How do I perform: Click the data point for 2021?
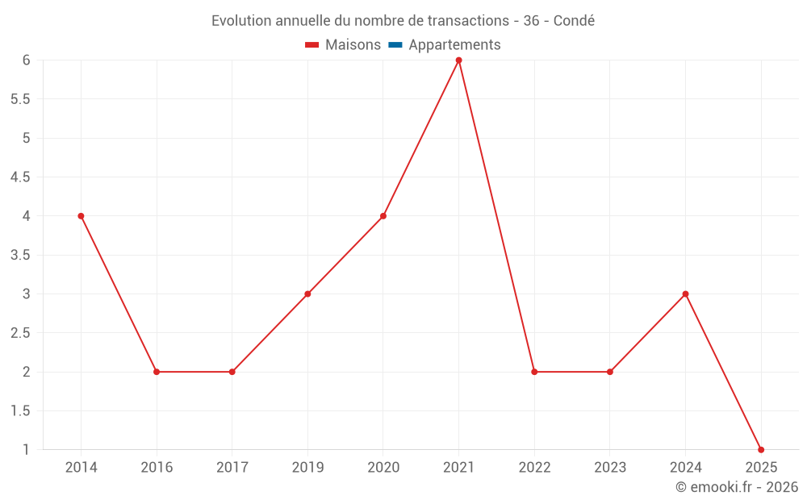coord(458,60)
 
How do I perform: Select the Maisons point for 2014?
coord(81,216)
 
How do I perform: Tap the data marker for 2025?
coord(761,449)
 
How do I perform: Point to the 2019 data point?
coord(307,294)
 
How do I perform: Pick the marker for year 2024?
coord(685,294)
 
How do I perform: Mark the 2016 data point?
coord(157,372)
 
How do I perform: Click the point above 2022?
coord(534,372)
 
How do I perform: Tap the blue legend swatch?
coord(395,45)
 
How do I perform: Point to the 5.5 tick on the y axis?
coord(20,99)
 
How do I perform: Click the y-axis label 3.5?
coord(20,255)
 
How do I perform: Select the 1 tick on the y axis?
coord(26,449)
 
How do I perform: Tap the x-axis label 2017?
coord(232,468)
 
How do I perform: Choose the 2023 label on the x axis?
coord(610,468)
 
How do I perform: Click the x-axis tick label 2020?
coord(383,468)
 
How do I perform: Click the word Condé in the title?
coord(574,21)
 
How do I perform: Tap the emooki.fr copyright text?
coord(737,487)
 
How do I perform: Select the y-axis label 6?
coord(26,60)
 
